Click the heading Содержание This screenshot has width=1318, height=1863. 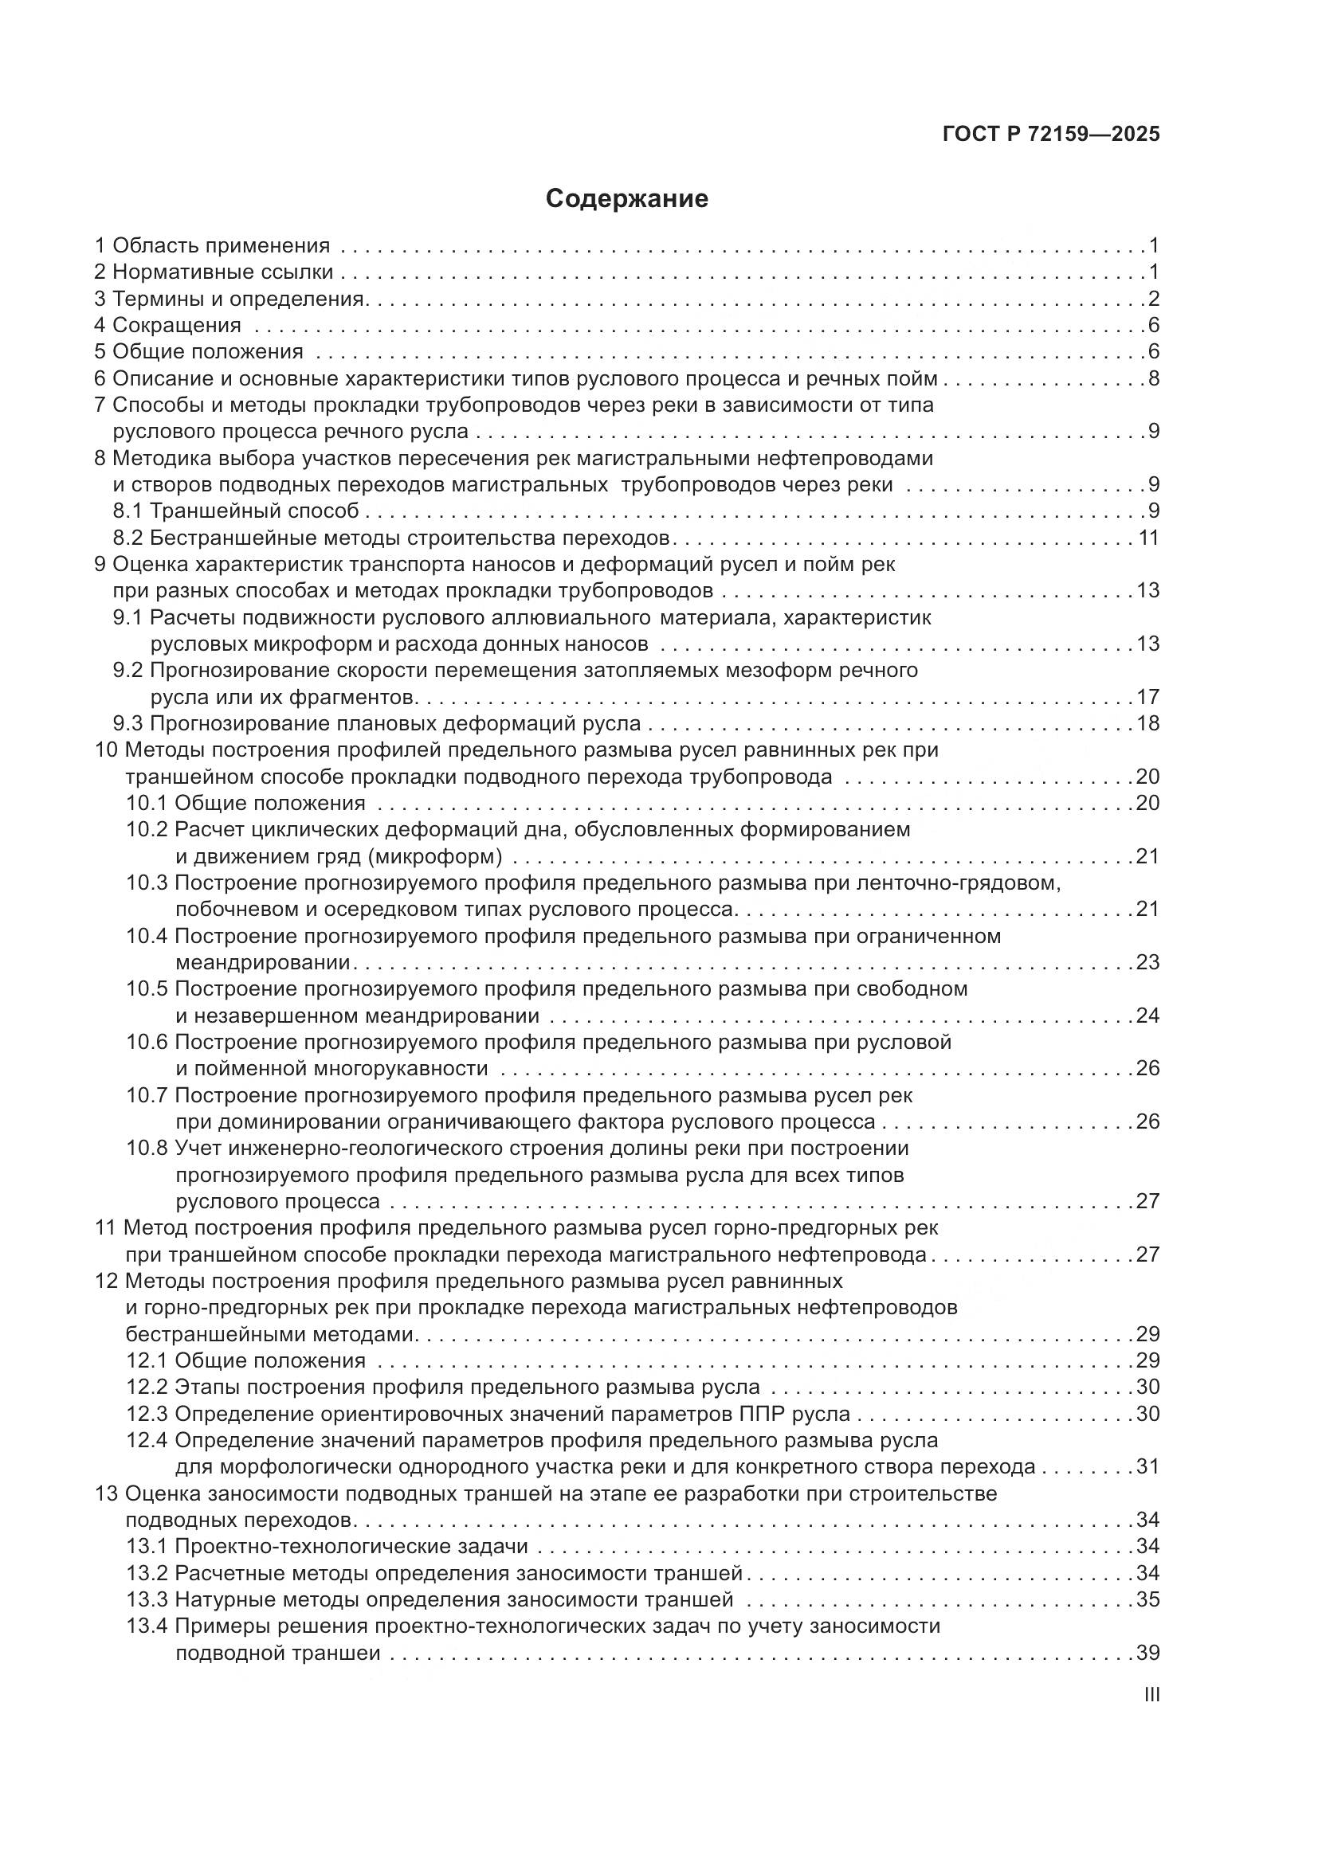pyautogui.click(x=626, y=199)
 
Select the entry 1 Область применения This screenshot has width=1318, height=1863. pyautogui.click(x=213, y=245)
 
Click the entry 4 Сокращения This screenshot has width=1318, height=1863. pyautogui.click(x=168, y=326)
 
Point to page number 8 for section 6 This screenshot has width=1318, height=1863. pyautogui.click(x=1153, y=379)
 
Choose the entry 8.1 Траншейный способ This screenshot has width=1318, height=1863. pyautogui.click(x=235, y=511)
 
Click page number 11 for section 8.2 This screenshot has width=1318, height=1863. pyautogui.click(x=1147, y=538)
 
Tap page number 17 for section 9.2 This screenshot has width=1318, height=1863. pyautogui.click(x=1147, y=697)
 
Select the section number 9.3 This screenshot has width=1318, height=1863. pyautogui.click(x=128, y=723)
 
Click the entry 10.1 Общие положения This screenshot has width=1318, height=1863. pyautogui.click(x=245, y=804)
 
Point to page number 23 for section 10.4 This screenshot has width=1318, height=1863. pyautogui.click(x=1147, y=962)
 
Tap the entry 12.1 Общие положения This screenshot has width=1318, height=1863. pyautogui.click(x=245, y=1360)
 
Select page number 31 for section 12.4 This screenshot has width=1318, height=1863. pyautogui.click(x=1147, y=1467)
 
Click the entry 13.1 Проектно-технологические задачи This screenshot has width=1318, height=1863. pyautogui.click(x=326, y=1547)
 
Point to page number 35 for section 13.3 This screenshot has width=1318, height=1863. pyautogui.click(x=1147, y=1600)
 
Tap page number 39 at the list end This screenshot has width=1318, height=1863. pyautogui.click(x=1147, y=1653)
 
